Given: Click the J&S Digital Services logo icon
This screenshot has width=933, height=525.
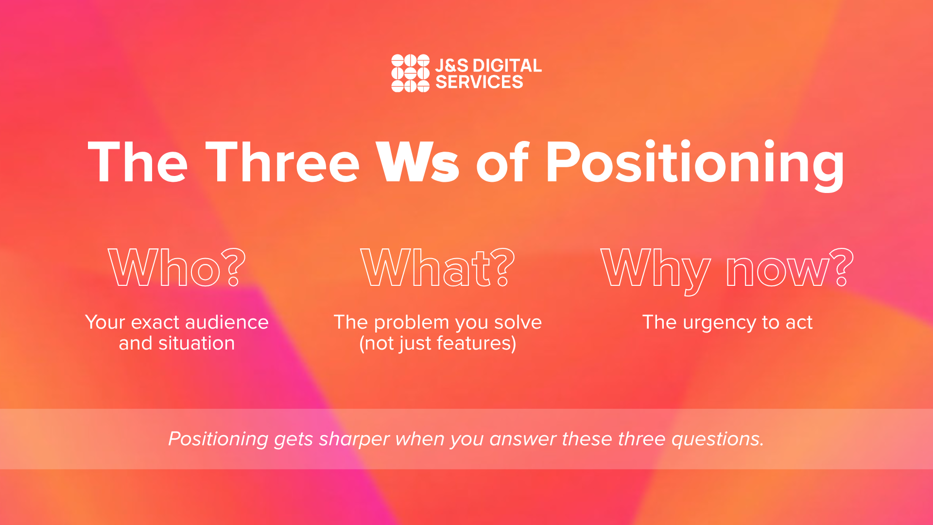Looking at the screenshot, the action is click(x=411, y=73).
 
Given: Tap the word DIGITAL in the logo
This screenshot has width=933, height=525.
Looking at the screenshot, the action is click(x=507, y=66).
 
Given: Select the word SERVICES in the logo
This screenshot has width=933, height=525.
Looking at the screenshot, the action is click(x=479, y=82).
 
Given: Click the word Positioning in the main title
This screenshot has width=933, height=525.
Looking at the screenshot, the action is click(x=695, y=165).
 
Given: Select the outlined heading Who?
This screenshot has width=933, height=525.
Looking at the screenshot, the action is click(x=177, y=267).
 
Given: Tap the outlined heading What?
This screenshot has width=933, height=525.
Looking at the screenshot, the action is click(x=437, y=267).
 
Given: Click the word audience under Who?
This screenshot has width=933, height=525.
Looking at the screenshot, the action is click(x=227, y=322).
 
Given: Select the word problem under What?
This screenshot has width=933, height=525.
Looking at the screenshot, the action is click(x=412, y=323).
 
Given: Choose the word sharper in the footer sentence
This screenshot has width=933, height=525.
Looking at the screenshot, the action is click(x=354, y=439).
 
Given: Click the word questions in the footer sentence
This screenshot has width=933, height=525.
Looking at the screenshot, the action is click(x=717, y=439).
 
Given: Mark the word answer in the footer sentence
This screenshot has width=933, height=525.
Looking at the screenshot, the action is click(x=523, y=439).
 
